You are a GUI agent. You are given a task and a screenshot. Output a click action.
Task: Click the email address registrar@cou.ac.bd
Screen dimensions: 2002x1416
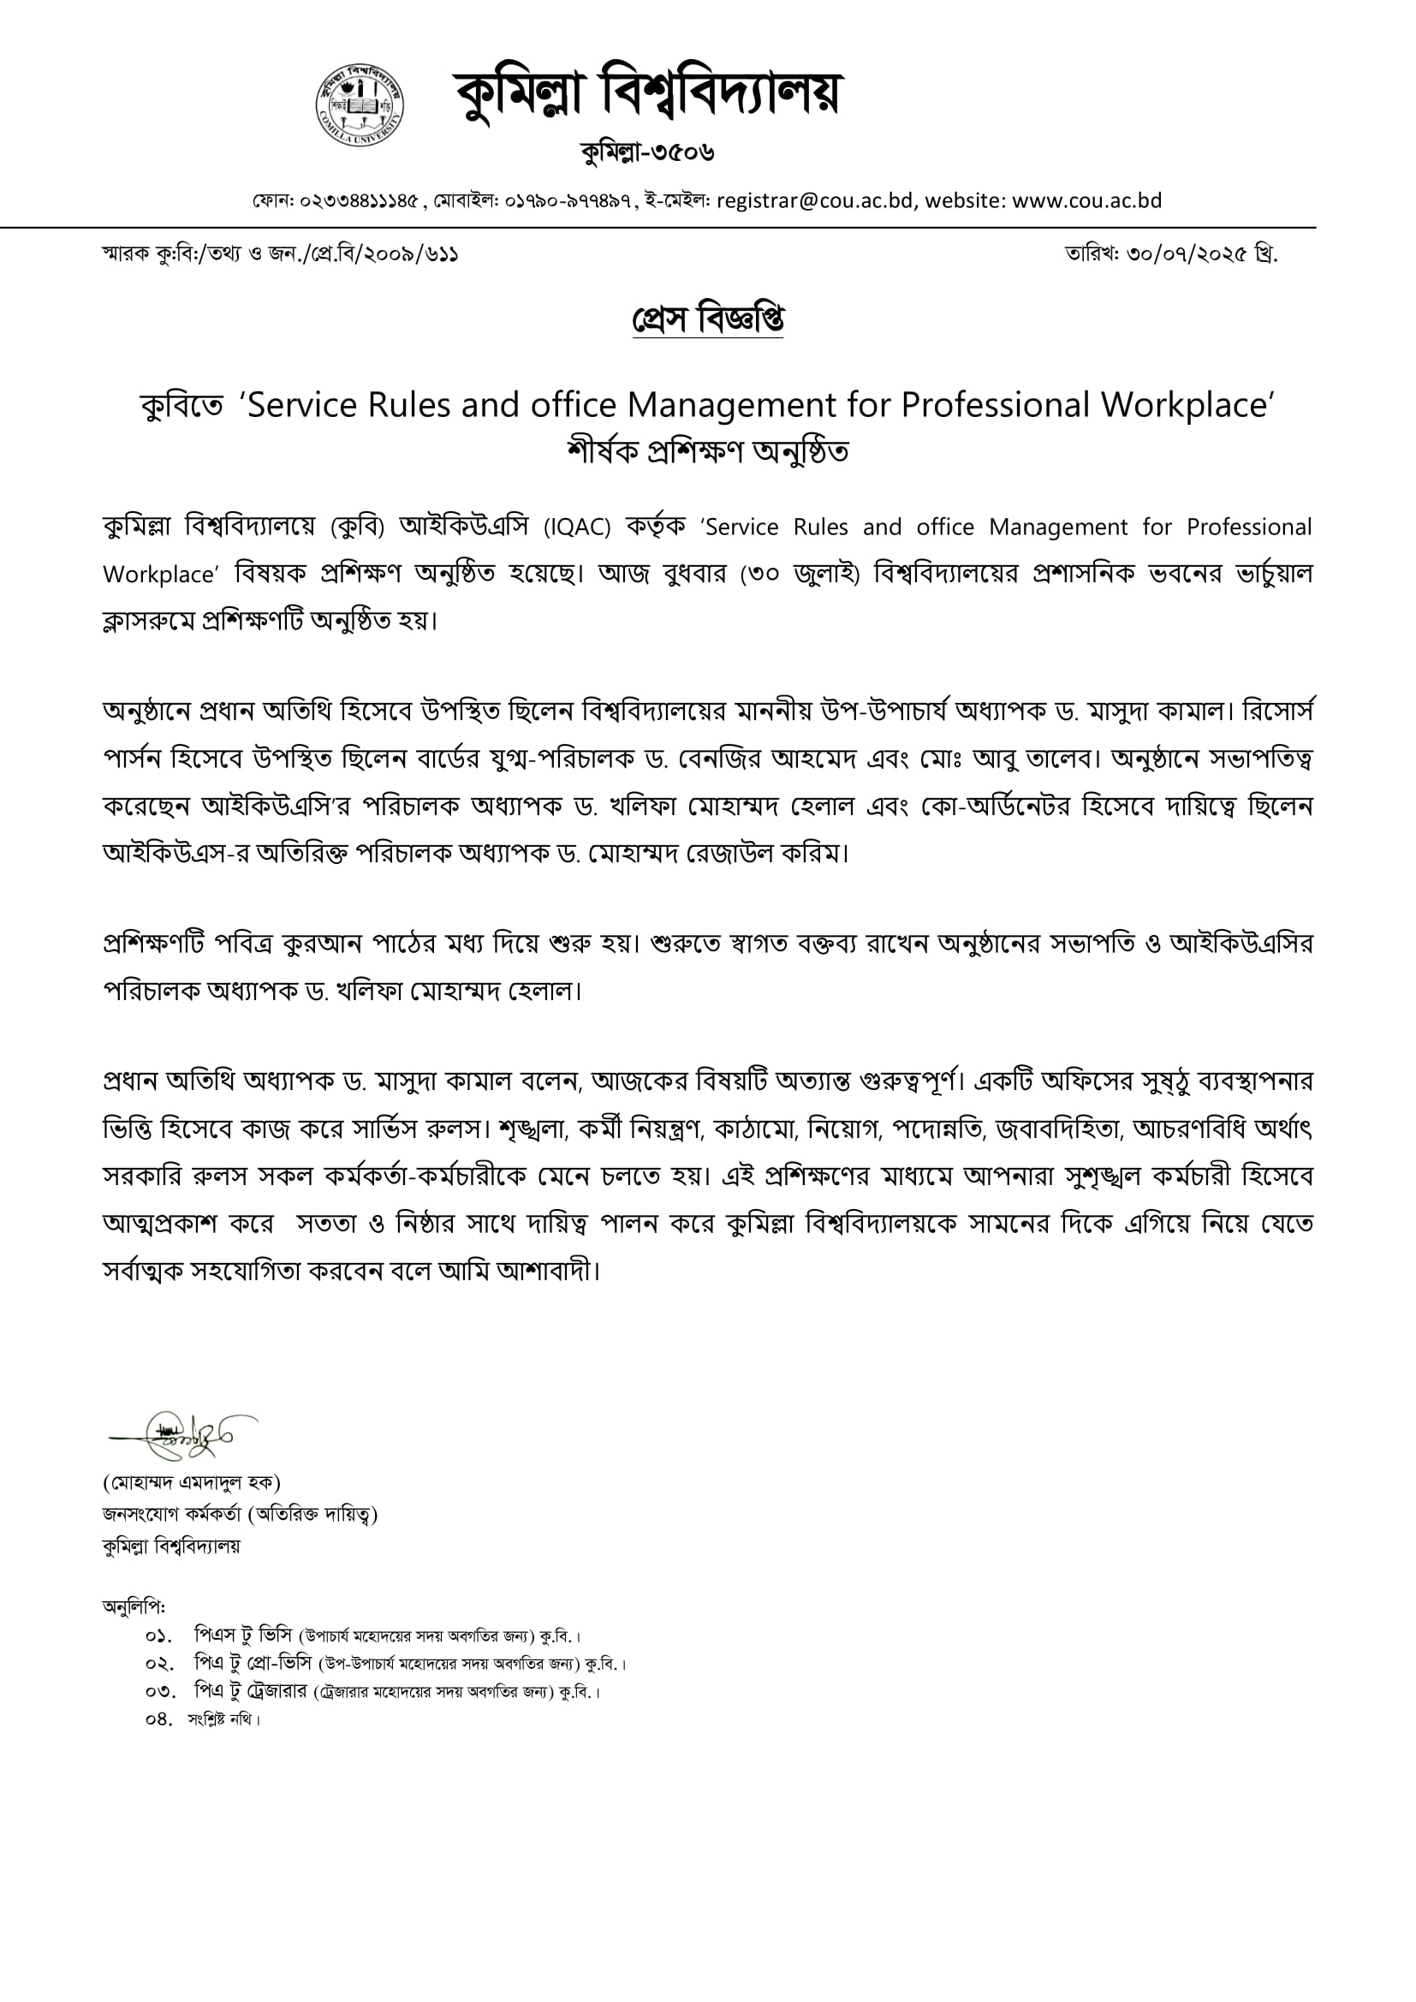814,200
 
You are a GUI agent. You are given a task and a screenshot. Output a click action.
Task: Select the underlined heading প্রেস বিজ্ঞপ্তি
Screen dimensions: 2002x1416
707,319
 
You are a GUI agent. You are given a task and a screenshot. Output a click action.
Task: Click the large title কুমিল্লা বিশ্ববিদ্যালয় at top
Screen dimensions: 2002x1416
646,94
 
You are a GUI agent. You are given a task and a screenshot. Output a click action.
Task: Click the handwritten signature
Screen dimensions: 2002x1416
183,1434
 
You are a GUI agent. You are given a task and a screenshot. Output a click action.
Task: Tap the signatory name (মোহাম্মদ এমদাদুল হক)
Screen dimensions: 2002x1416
191,1481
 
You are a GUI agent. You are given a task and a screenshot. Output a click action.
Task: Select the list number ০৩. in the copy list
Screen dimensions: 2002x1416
158,1691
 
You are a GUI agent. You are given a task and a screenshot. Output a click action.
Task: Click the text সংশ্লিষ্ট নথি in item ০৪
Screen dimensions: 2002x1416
222,1719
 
